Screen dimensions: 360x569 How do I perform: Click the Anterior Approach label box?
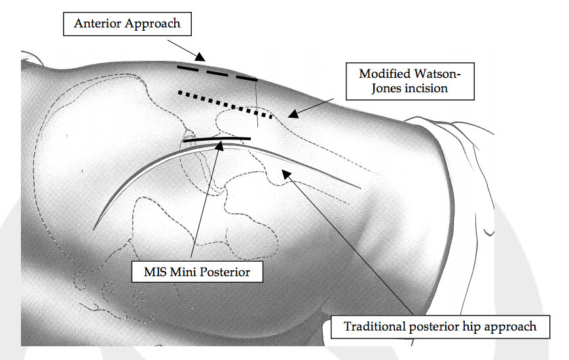[126, 24]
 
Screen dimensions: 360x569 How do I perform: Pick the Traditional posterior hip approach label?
[440, 326]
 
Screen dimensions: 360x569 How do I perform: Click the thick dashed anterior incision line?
[216, 73]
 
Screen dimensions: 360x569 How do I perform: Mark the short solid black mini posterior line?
[217, 139]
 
